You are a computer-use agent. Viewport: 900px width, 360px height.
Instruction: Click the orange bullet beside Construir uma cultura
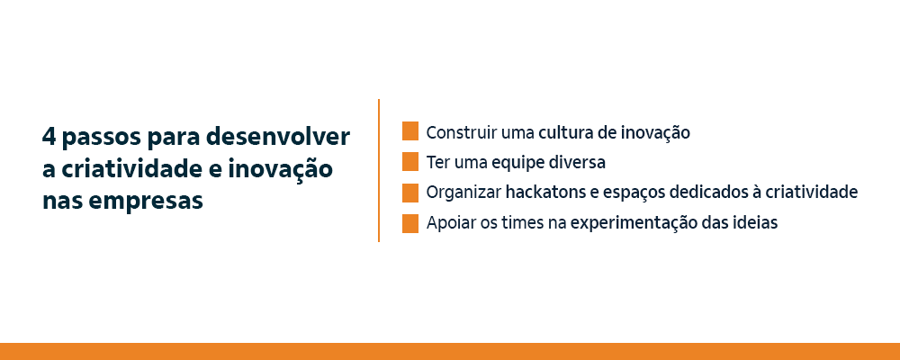click(410, 131)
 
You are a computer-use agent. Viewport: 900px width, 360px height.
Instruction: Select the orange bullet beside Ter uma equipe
click(410, 162)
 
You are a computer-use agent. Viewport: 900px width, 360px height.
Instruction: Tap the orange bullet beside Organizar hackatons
click(410, 193)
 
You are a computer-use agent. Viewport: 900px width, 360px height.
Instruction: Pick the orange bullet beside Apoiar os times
click(410, 223)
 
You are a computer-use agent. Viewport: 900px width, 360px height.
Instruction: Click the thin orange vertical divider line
click(379, 171)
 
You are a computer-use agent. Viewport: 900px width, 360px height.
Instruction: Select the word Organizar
click(463, 193)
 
